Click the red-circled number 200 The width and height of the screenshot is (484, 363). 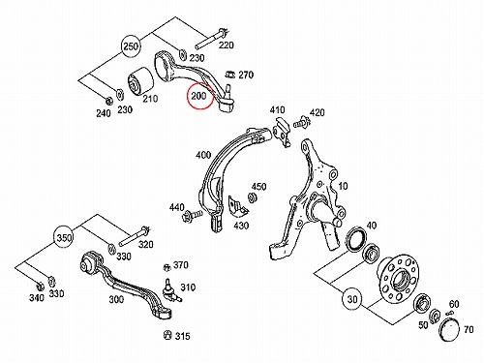tap(198, 96)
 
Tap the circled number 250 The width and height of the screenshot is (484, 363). tap(131, 46)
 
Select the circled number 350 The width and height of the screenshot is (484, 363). tap(64, 238)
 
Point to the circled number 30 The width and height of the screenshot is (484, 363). tap(352, 299)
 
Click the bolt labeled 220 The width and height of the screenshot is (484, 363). tap(211, 39)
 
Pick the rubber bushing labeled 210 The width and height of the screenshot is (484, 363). tap(141, 82)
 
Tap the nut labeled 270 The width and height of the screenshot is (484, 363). tap(229, 75)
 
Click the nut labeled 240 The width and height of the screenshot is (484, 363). tap(109, 101)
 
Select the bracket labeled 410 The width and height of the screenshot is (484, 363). tap(282, 132)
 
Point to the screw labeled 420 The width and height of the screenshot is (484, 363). tap(301, 122)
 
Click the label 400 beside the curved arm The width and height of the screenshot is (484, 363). tap(203, 155)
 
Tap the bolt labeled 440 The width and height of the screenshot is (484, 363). tap(192, 215)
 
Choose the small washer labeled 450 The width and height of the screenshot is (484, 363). tap(252, 197)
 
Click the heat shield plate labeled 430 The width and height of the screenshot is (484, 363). tap(238, 206)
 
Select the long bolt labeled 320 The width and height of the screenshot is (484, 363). tap(135, 237)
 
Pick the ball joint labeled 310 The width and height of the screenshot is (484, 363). tap(170, 289)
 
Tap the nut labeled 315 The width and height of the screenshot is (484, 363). tap(167, 335)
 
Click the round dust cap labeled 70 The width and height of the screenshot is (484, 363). tap(449, 329)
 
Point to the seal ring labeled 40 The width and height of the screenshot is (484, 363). tap(356, 240)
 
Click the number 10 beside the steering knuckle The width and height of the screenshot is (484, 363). tap(343, 186)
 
